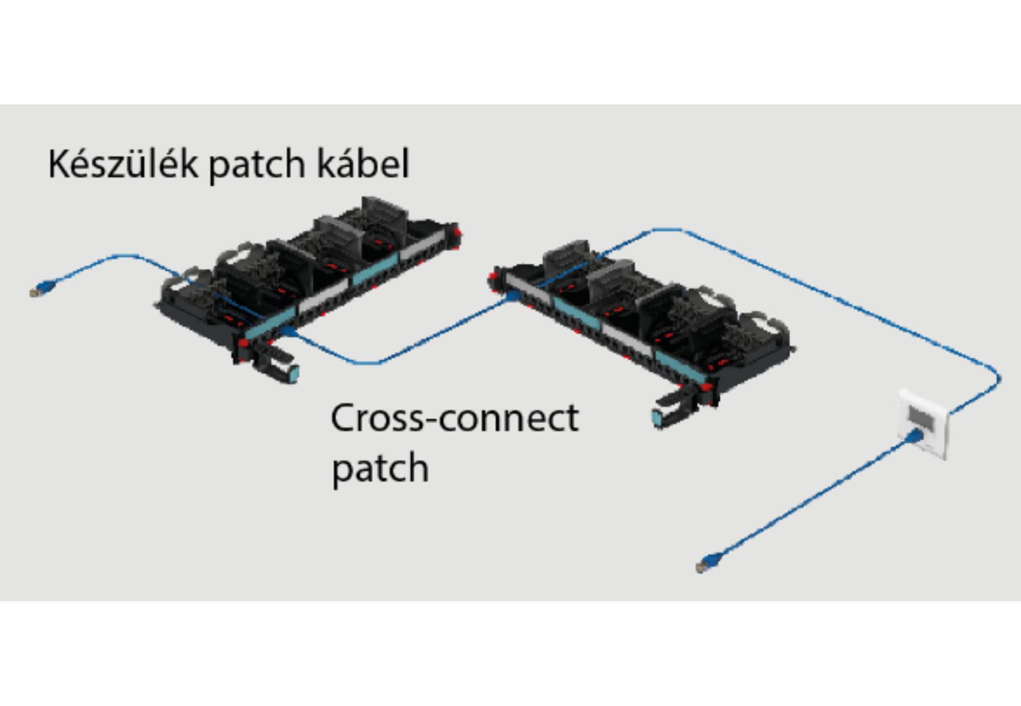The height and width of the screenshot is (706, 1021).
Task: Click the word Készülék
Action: [x=122, y=164]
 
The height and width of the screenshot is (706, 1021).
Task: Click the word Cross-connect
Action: [x=454, y=418]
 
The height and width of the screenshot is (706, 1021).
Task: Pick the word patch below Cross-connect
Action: [x=380, y=468]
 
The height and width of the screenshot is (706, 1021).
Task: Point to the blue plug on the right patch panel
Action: [x=512, y=296]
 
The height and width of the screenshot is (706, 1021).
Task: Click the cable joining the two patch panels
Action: [x=404, y=351]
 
